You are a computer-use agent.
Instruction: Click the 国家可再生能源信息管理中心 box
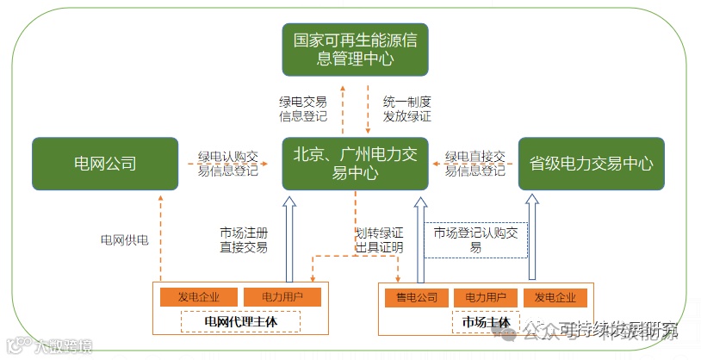coord(356,49)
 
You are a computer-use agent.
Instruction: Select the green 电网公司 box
coord(105,163)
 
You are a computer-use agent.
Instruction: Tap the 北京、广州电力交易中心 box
coord(356,163)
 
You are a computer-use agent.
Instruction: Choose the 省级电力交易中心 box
coord(591,163)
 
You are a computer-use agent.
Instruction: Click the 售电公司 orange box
coord(417,298)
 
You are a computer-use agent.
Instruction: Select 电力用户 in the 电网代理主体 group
coord(270,298)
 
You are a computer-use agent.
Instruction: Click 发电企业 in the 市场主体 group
coord(555,298)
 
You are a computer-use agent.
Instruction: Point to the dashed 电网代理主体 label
coord(240,321)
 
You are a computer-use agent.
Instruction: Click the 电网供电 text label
coord(125,239)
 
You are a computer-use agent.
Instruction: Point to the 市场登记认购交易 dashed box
coord(475,239)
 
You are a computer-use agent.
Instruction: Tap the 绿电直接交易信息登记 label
coord(475,164)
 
